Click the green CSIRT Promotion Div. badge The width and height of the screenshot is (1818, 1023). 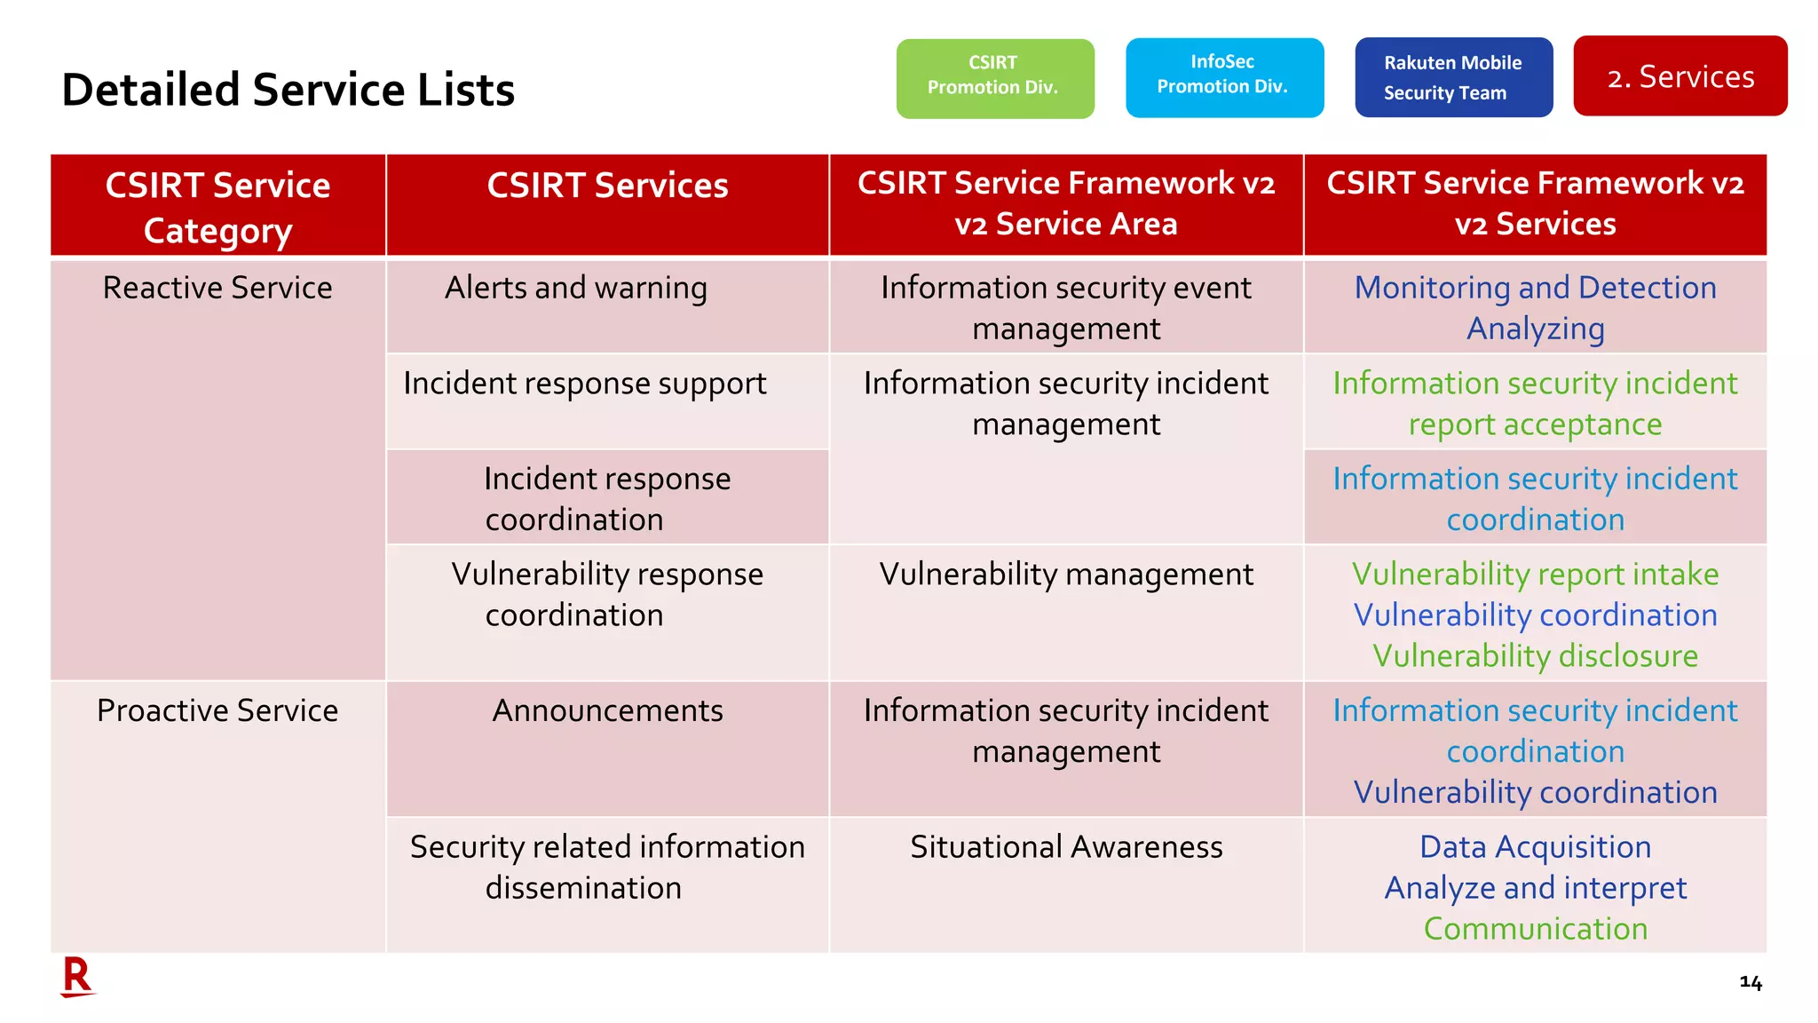994,78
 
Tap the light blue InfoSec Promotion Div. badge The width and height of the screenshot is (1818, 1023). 1223,77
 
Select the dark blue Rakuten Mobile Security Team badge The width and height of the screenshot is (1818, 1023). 1453,77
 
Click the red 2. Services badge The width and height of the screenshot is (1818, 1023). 1680,76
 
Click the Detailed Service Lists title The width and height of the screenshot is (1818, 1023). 288,90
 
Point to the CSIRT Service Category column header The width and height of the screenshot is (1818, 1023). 217,207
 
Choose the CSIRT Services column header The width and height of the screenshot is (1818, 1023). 607,186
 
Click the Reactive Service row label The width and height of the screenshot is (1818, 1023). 217,288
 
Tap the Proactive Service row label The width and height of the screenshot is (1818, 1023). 217,710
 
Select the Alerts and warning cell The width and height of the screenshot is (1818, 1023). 575,288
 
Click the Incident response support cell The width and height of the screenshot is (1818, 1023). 584,384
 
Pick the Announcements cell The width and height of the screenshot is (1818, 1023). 607,710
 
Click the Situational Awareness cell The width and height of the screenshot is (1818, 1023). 1065,847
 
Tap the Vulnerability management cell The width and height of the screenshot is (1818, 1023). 1065,575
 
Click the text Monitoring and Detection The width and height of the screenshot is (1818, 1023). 1535,288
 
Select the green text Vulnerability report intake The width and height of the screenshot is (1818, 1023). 1535,575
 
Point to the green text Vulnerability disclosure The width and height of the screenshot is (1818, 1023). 1535,656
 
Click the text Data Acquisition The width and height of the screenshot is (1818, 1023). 1535,847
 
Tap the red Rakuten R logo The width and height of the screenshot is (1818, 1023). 77,977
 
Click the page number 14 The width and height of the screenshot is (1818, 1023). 1750,982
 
